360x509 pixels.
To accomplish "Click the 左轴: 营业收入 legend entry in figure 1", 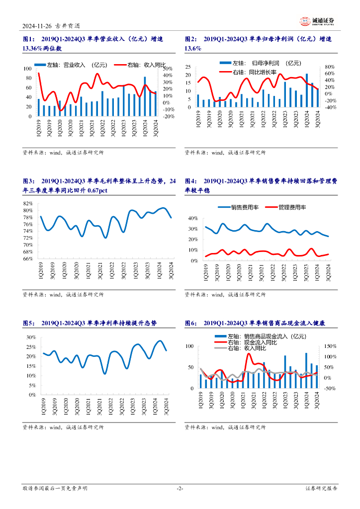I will (72, 64).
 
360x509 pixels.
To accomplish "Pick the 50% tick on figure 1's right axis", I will (168, 68).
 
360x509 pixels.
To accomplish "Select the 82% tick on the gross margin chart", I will (28, 203).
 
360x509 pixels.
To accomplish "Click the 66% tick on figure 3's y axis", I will (28, 258).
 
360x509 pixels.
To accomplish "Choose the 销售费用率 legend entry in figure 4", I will (243, 207).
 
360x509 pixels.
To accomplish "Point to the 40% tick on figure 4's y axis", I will (192, 218).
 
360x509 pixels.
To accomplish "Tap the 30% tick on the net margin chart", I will (30, 337).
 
